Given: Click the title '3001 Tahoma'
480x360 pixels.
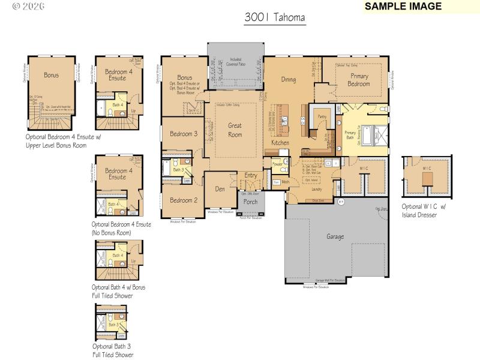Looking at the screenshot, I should click(x=275, y=18).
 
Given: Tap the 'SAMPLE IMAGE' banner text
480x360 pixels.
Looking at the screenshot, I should click(x=403, y=7).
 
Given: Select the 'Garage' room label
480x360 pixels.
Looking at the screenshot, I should click(x=335, y=236).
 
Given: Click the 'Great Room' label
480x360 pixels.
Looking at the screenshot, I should click(x=235, y=130).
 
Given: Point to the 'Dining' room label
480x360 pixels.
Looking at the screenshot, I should click(x=288, y=79).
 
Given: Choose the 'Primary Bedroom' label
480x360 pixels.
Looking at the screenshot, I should click(x=359, y=80).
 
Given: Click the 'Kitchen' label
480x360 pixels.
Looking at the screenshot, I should click(x=280, y=143).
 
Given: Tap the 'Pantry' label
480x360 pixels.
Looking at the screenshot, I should click(x=322, y=118).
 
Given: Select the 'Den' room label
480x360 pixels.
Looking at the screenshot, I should click(x=220, y=188).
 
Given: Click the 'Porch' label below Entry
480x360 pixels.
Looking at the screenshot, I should click(x=250, y=202).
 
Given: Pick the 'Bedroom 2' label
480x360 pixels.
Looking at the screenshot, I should click(x=183, y=200).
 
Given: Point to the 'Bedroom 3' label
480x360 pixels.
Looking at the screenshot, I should click(x=184, y=134).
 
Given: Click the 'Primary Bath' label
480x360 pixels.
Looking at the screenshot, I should click(x=350, y=135).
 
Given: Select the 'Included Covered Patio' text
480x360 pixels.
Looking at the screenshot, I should click(x=235, y=62).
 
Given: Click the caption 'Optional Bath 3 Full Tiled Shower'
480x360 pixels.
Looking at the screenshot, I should click(x=112, y=350).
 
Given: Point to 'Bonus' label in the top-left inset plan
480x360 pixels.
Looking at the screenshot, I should click(x=51, y=76).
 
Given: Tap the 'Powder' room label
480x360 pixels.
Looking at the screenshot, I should click(x=277, y=163).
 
